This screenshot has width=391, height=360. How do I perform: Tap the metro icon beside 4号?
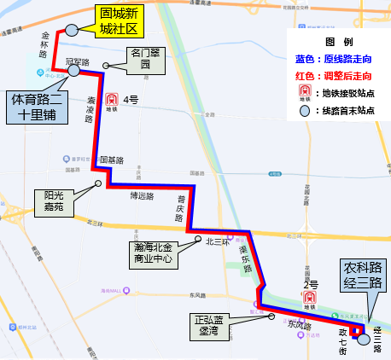(112, 101)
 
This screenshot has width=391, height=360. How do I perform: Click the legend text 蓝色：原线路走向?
(336, 59)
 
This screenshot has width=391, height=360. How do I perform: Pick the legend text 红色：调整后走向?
(336, 75)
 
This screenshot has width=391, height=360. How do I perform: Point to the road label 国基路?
(112, 160)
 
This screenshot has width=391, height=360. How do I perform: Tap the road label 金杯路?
(44, 43)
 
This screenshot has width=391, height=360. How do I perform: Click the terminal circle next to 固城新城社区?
(72, 29)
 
